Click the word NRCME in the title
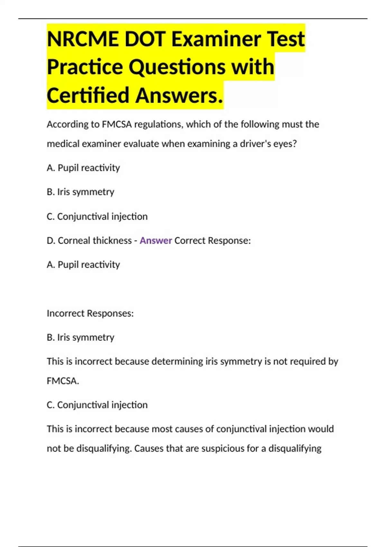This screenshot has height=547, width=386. click(x=82, y=39)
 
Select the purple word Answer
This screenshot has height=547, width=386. click(x=156, y=240)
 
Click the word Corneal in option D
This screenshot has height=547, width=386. click(x=74, y=240)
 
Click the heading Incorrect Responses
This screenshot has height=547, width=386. click(x=90, y=313)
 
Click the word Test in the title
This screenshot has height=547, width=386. click(x=286, y=39)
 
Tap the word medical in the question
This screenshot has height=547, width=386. click(x=63, y=144)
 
